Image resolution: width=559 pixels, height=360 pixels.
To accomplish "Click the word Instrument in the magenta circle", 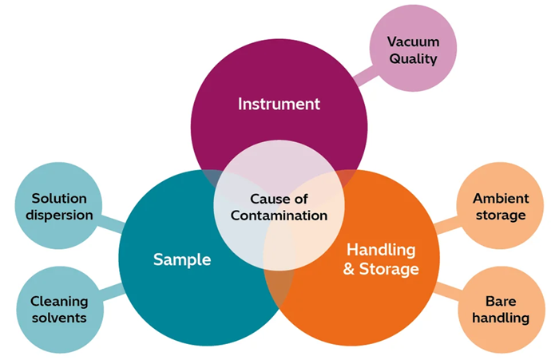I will click(x=279, y=104).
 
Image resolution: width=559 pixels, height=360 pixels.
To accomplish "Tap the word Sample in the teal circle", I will click(x=182, y=259).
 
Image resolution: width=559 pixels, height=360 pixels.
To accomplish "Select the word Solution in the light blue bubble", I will click(x=59, y=198).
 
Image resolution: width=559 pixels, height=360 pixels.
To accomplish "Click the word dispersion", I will click(x=59, y=215).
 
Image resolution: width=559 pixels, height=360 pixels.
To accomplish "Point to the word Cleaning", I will click(x=59, y=301).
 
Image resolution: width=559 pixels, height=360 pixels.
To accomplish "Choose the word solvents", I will click(x=59, y=318).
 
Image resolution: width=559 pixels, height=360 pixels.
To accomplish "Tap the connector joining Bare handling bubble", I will click(x=449, y=288).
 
